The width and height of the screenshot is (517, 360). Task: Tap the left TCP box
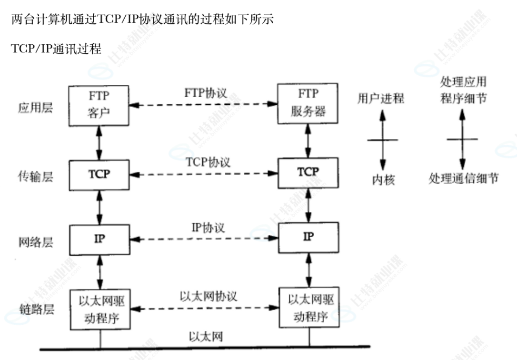[x=99, y=175]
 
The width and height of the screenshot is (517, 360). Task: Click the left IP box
[x=99, y=237]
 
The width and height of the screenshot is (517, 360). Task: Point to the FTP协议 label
[x=206, y=92]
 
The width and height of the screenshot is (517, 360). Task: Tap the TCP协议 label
[x=208, y=162]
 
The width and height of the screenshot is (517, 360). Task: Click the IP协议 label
[x=208, y=227]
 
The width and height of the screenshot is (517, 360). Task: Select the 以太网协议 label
[x=209, y=296]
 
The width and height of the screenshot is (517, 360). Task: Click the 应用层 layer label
[x=35, y=108]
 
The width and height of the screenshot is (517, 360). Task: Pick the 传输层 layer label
[x=35, y=177]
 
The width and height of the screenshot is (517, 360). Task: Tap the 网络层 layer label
[x=35, y=242]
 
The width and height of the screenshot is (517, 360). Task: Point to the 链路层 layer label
[x=35, y=310]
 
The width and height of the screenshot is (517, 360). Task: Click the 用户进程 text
[x=381, y=99]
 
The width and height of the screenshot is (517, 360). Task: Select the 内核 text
[x=383, y=180]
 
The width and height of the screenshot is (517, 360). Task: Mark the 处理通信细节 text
[x=463, y=179]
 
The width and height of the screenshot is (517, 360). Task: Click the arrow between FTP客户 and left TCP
[x=99, y=141]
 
